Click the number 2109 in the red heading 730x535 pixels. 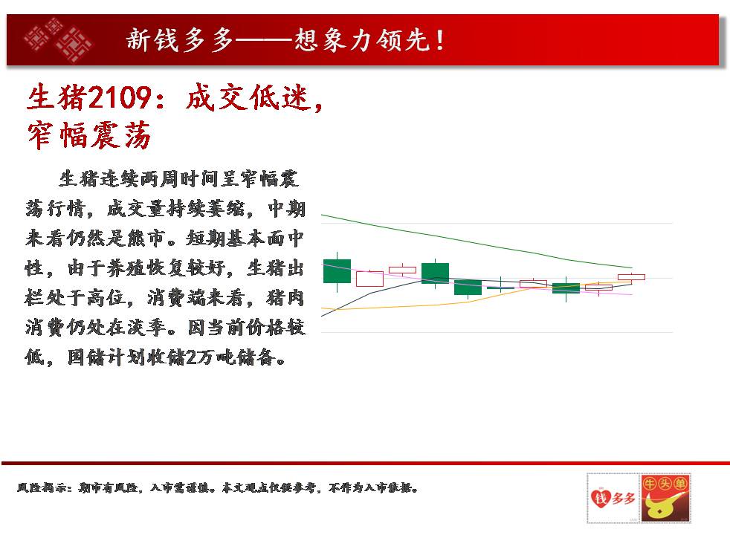point(120,97)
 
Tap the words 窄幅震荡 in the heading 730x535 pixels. point(89,135)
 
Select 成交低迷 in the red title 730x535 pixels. point(248,97)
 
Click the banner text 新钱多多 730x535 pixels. point(180,39)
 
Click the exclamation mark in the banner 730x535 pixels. point(440,39)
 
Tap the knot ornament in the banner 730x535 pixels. point(58,39)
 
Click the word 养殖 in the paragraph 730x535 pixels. point(125,268)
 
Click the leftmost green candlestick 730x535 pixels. point(337,271)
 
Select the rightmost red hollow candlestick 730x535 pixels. point(631,277)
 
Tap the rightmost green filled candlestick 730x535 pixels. point(566,288)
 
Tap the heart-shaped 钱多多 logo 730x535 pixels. point(613,499)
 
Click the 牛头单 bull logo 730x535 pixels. point(665,498)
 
